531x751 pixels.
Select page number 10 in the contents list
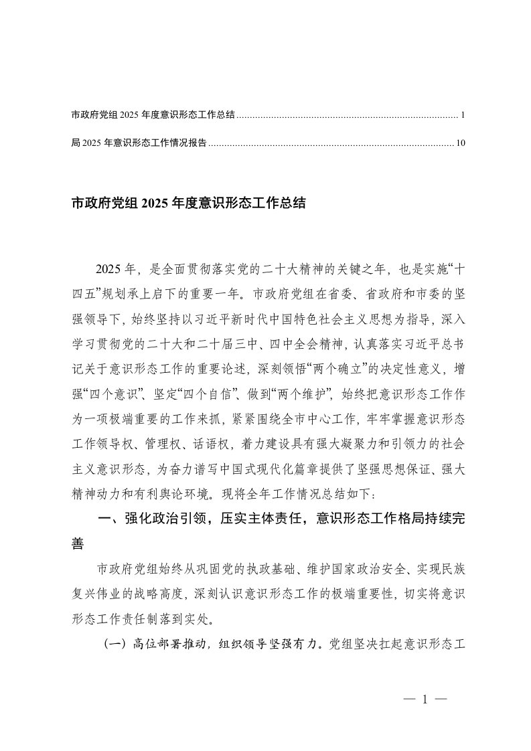point(460,143)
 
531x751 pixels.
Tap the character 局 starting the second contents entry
point(74,143)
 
